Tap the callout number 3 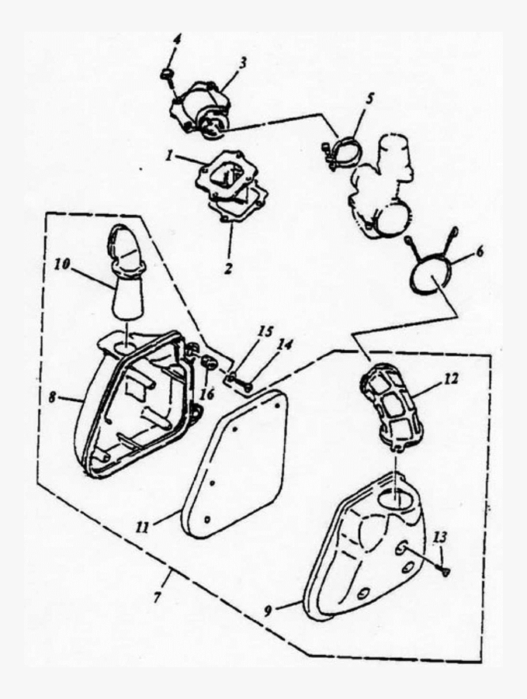coord(243,62)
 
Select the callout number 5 coord(369,99)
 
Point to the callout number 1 coord(169,156)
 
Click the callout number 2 coord(229,268)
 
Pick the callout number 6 coord(480,251)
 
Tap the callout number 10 coord(62,265)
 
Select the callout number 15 coord(266,332)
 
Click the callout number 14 coord(286,344)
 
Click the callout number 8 coord(53,397)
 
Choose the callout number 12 coord(451,379)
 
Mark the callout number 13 coord(439,538)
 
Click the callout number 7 coord(158,597)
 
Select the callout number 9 coord(268,611)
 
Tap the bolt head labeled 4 coord(167,74)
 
